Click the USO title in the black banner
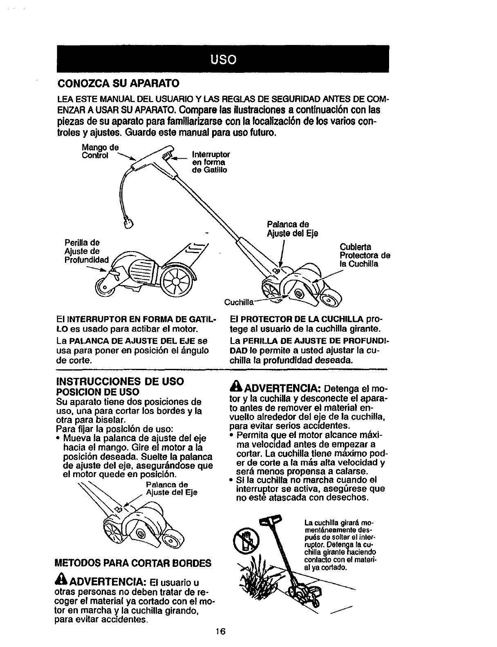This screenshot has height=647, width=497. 223,60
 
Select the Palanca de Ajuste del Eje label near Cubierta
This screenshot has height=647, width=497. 292,229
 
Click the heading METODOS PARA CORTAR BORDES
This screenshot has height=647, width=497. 133,563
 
